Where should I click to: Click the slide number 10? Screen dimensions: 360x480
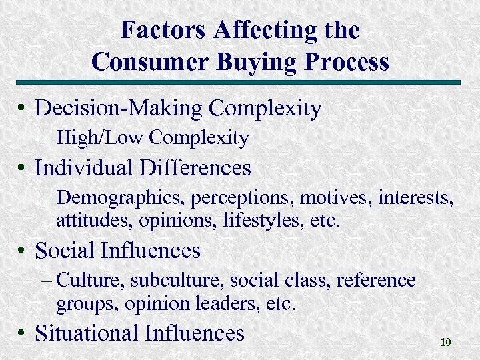click(446, 343)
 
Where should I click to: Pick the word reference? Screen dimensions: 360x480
click(376, 281)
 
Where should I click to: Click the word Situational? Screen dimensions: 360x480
click(89, 333)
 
